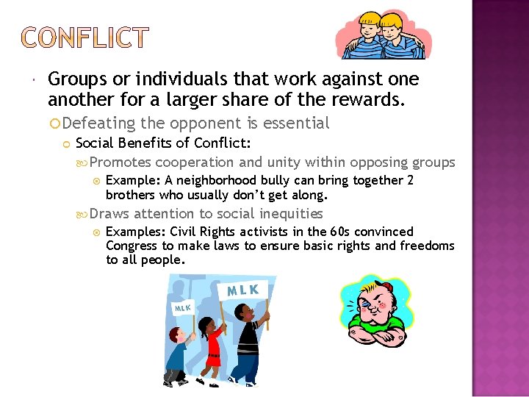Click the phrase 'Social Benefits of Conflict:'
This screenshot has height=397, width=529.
coord(154,143)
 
